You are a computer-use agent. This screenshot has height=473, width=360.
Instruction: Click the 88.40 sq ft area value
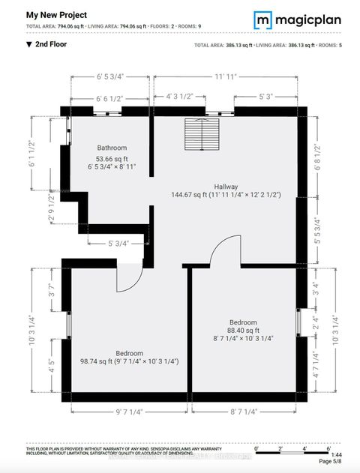point(243,331)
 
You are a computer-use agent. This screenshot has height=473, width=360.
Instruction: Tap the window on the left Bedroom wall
point(68,326)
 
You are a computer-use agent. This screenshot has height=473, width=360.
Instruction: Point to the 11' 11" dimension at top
point(226,76)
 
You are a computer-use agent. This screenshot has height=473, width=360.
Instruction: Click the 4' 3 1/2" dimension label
point(169,97)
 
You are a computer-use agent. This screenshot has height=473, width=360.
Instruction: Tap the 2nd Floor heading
point(46,45)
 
